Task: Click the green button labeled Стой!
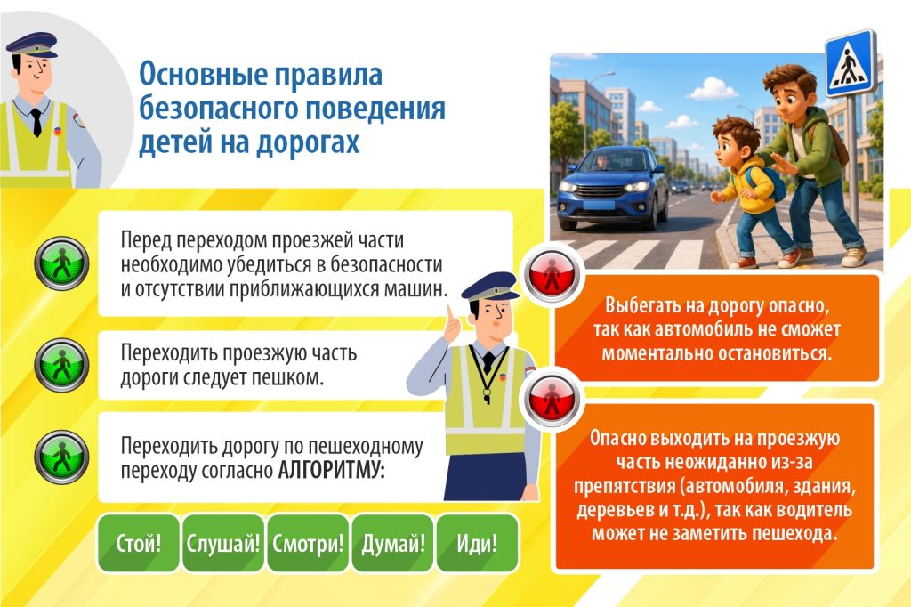(138, 543)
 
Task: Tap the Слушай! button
(223, 543)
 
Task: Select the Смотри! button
(308, 543)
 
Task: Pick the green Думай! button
(392, 543)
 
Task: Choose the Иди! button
(477, 543)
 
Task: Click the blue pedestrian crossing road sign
(851, 64)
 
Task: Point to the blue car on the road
(612, 187)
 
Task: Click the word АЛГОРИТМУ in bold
(331, 470)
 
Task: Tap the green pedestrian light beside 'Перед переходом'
(61, 263)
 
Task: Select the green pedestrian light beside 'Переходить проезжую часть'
(61, 365)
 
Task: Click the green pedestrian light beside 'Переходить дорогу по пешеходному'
(61, 457)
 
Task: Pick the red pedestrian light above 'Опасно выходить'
(552, 398)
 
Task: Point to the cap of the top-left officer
(34, 45)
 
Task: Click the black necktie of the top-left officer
(36, 122)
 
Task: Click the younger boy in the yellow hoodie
(747, 192)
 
